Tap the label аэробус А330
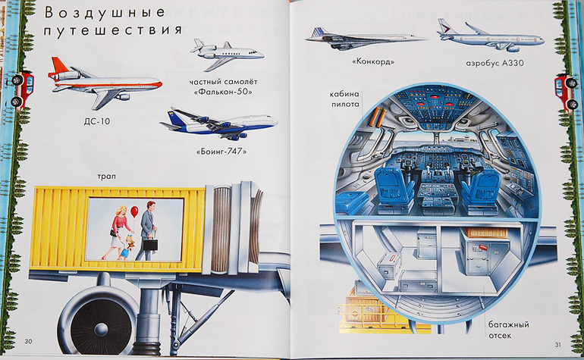[495, 63]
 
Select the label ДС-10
[97, 121]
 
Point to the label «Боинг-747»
[221, 152]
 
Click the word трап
[106, 177]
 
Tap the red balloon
[134, 211]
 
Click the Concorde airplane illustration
[365, 38]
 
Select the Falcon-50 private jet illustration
[227, 53]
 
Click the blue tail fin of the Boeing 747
[174, 115]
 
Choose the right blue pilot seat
[480, 188]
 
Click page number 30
[28, 341]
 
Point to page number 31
[557, 345]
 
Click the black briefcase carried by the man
[151, 244]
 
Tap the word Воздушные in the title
[105, 12]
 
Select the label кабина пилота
[345, 99]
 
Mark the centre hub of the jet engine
[101, 329]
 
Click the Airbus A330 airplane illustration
[491, 36]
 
